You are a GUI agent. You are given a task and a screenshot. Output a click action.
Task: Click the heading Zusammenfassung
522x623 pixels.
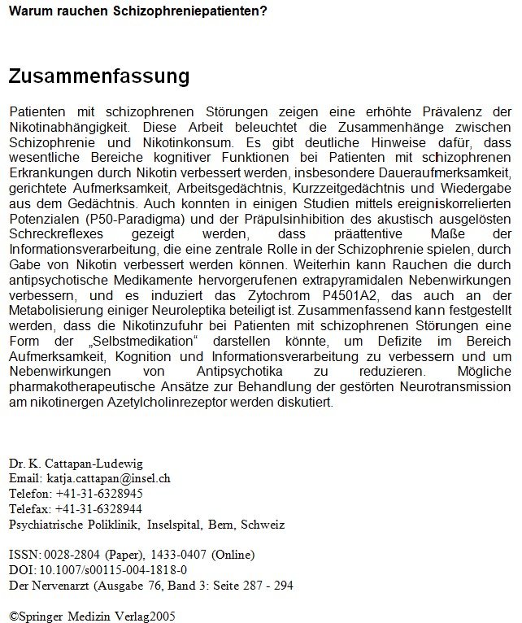pyautogui.click(x=98, y=76)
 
